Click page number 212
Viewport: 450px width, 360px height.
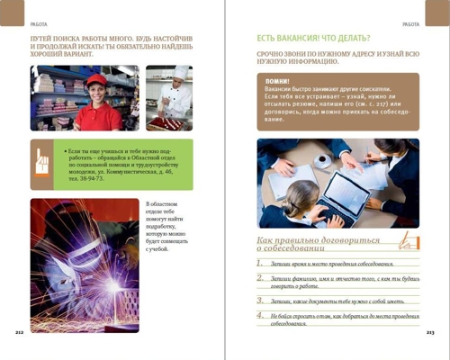coord(19,332)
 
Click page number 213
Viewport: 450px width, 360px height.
coord(430,332)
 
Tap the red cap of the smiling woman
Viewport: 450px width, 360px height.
coord(96,79)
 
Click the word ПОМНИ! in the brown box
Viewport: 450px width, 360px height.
coord(278,83)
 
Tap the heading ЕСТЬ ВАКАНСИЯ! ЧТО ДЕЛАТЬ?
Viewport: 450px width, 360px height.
coord(313,39)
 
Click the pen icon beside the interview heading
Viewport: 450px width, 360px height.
coord(408,238)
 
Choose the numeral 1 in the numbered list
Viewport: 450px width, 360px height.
coord(259,263)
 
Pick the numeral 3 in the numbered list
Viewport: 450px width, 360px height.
coord(259,300)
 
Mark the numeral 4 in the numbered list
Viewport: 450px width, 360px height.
coord(259,316)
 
